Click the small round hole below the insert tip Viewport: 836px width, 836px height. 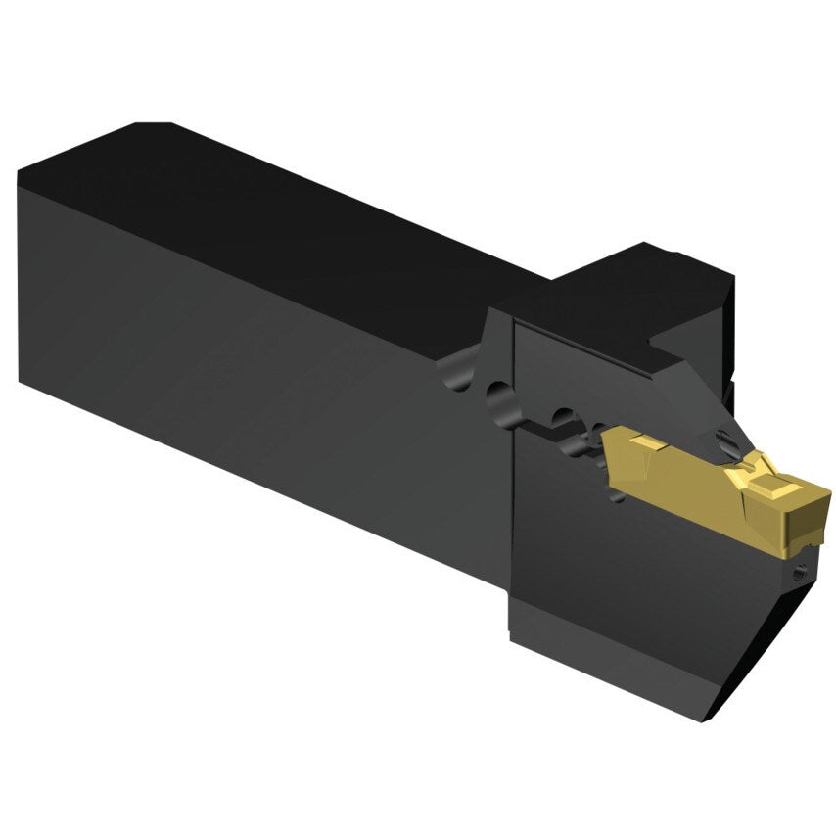(x=803, y=577)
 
